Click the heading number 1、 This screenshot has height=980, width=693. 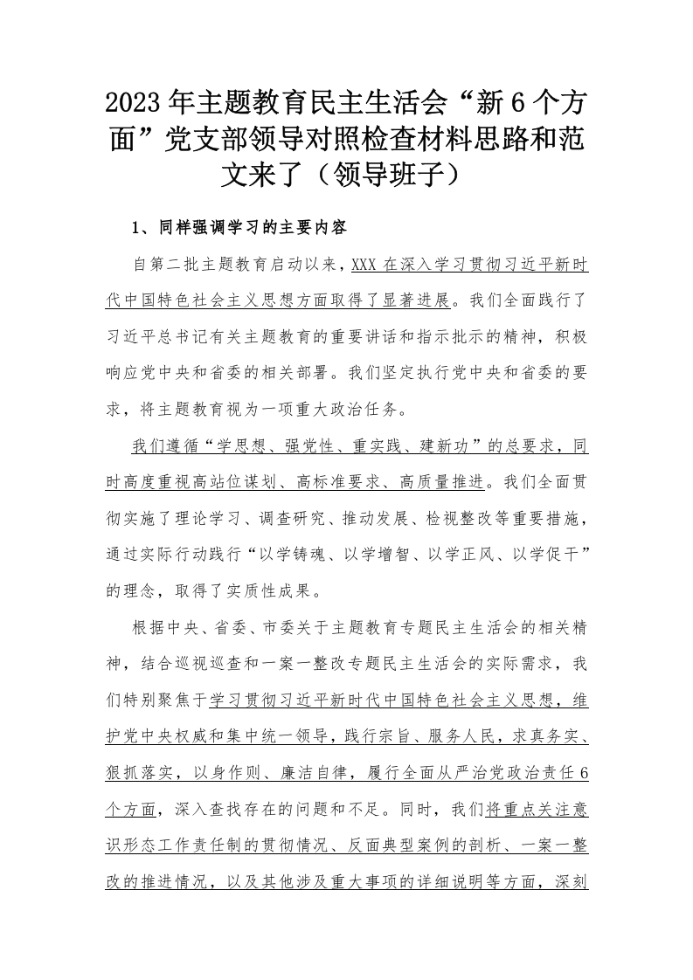142,230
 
